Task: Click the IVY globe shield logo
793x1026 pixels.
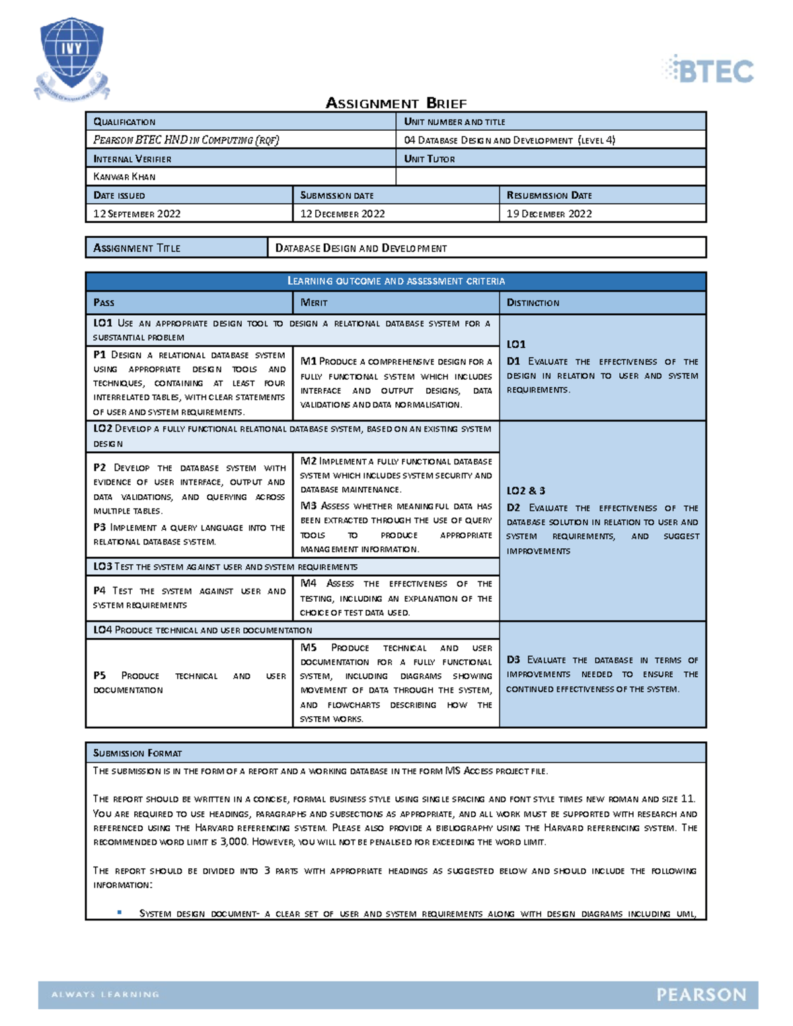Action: coord(71,58)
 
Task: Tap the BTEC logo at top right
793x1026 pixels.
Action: coord(708,70)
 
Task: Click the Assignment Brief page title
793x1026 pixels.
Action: coord(396,103)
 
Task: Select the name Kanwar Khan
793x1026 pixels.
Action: coord(124,176)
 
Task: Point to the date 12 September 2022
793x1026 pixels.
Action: coord(137,213)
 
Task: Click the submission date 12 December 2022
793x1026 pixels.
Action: coord(342,213)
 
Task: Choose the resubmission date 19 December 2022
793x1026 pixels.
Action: coord(548,213)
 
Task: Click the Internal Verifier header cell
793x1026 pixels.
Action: coord(132,159)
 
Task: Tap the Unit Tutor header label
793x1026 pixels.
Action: coord(429,159)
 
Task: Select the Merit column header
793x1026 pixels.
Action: coord(314,303)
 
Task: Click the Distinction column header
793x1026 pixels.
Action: coord(533,303)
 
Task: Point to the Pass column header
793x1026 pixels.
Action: coord(104,303)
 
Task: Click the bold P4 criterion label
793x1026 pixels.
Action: coord(100,591)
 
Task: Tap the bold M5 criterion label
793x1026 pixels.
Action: coord(309,647)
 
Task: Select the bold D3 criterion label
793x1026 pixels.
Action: coord(513,659)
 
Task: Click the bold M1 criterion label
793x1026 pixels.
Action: coord(308,361)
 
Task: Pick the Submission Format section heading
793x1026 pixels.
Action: coord(137,753)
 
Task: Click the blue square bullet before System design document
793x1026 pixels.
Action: coord(120,912)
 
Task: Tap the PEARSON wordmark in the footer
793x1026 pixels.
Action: coord(701,995)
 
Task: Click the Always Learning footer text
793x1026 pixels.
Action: coord(105,994)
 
